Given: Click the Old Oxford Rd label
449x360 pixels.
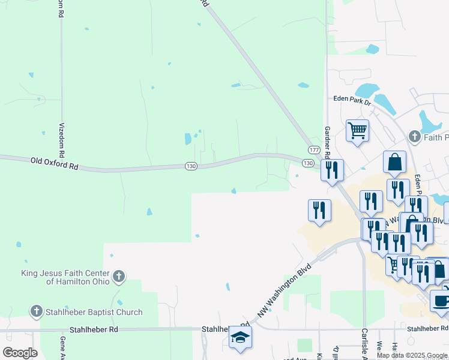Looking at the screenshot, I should (x=55, y=162).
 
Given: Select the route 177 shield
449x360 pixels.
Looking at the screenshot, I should (x=314, y=149).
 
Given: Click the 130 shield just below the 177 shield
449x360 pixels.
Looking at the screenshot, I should (x=308, y=163).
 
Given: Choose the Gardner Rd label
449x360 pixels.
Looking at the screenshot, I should (x=328, y=142).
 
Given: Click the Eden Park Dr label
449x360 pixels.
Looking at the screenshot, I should (x=352, y=100).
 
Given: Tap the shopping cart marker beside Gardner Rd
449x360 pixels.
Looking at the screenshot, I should (x=357, y=130).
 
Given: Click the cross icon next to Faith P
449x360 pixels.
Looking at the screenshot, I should (x=414, y=137).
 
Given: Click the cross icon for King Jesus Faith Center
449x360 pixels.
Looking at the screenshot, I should (x=119, y=277).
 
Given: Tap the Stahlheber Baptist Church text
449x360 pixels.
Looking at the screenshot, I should (x=95, y=312).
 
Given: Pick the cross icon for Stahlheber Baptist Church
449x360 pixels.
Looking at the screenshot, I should (x=37, y=312).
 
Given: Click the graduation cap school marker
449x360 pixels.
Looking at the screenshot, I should (x=240, y=337).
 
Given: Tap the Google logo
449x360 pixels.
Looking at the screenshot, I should (x=20, y=353).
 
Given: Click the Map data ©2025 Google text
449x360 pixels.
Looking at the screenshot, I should (x=412, y=355).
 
